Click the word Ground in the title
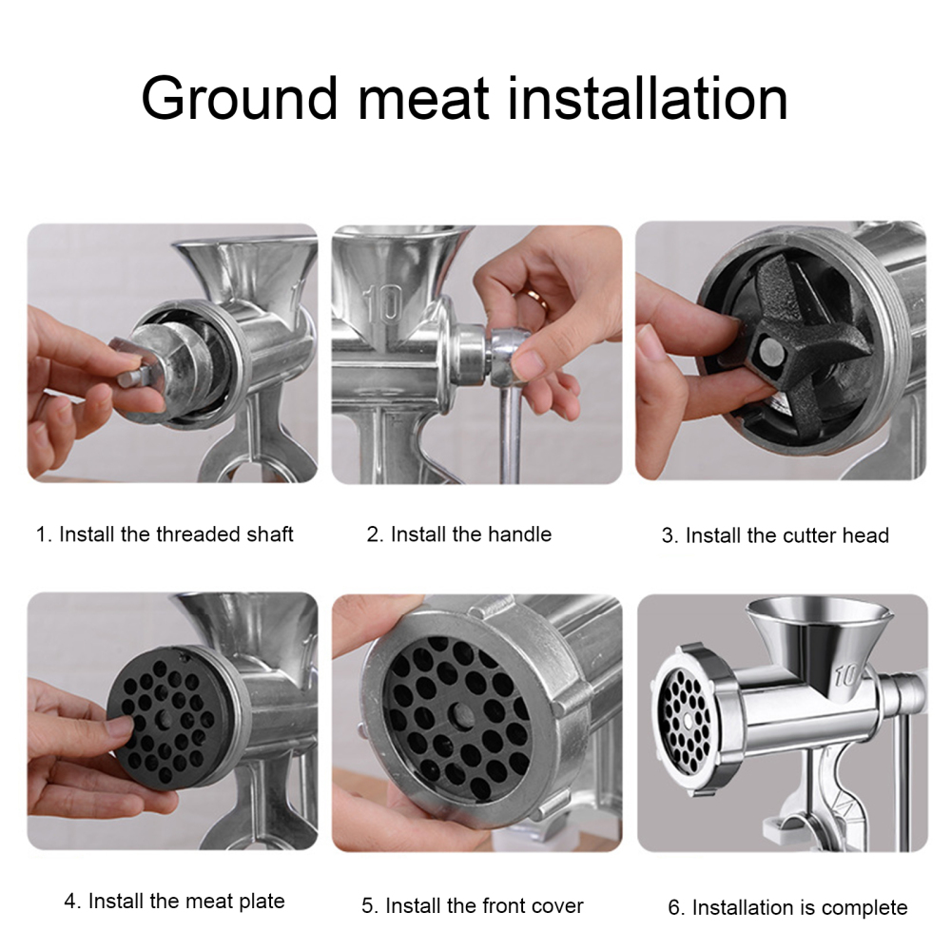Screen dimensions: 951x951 tap(240, 98)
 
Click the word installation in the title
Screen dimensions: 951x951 tap(647, 98)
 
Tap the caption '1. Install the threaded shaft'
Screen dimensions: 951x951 tap(165, 534)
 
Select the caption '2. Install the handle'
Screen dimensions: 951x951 tap(458, 534)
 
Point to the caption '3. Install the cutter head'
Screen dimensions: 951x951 tap(775, 535)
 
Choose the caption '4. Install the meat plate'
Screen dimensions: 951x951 tap(174, 901)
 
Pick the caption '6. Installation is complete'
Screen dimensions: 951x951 tap(787, 907)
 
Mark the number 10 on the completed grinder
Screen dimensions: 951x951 tap(844, 676)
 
